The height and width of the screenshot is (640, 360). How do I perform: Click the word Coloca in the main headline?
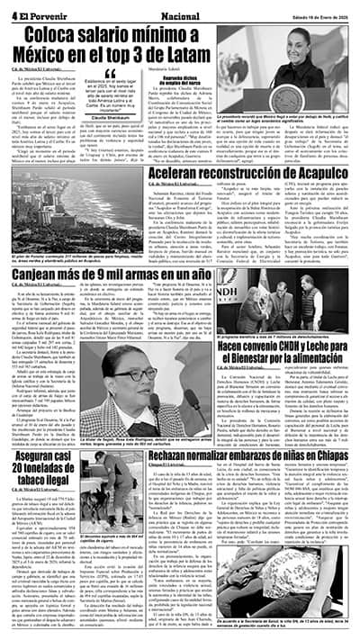(60, 35)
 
